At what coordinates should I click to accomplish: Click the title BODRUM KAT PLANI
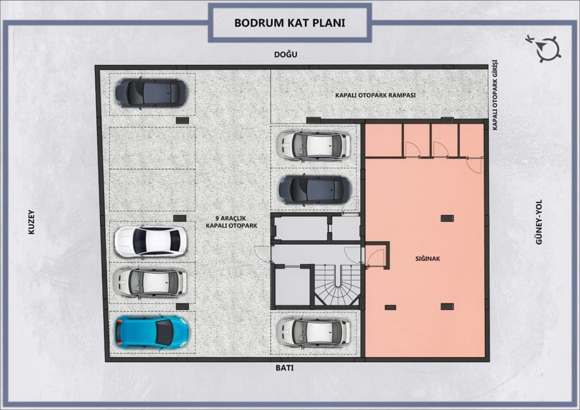[289, 23]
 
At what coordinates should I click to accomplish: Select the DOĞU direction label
[285, 55]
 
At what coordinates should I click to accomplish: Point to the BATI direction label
[284, 368]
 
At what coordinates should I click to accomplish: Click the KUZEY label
[32, 222]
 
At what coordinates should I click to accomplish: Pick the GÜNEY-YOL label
[539, 222]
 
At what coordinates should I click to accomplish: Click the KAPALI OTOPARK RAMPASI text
[376, 95]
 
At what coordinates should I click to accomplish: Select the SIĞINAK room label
[428, 259]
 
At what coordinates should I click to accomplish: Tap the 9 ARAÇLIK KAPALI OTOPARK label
[231, 222]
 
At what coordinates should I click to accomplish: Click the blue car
[152, 332]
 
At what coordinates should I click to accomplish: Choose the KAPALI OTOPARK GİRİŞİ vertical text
[495, 95]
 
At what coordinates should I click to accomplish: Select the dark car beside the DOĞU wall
[151, 93]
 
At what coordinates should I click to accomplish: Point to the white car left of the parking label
[151, 242]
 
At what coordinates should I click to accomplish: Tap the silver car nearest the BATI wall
[313, 331]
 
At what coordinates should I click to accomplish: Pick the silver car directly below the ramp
[314, 145]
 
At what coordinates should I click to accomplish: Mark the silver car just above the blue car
[150, 283]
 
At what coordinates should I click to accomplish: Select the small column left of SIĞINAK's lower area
[390, 308]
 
